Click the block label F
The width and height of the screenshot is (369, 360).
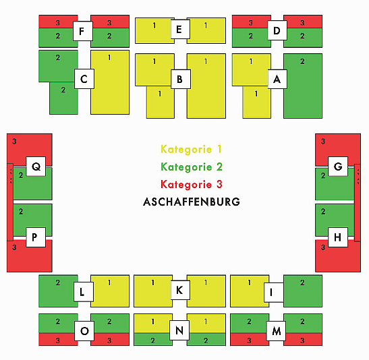82,31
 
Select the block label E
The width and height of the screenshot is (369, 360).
180,30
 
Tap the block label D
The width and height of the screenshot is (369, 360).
277,30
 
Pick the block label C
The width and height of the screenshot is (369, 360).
84,79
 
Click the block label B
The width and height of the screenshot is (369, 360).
181,80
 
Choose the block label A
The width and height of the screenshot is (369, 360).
277,80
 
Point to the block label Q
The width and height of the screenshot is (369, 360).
36,167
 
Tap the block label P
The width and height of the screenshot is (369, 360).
36,237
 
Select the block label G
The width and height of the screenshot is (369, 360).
338,167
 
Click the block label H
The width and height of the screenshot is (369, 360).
338,237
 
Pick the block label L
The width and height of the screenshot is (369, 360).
84,292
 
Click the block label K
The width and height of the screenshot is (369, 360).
180,290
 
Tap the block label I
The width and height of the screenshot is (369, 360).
273,293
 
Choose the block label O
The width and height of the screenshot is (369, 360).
84,331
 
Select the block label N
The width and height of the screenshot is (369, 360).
179,330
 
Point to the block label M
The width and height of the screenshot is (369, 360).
276,331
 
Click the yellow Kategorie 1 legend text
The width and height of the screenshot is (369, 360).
191,149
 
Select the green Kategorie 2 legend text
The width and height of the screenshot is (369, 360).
192,167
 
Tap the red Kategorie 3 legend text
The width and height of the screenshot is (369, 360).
192,184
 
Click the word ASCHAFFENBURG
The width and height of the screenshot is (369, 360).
192,202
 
